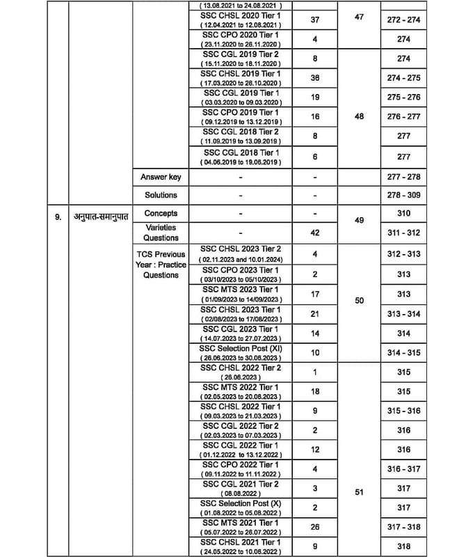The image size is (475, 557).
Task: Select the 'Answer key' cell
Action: (161, 178)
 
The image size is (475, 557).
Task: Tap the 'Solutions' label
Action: (161, 196)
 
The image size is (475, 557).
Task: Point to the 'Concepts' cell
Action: (161, 213)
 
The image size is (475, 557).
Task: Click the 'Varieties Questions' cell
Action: (161, 233)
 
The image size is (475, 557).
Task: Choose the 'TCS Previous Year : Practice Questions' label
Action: (161, 265)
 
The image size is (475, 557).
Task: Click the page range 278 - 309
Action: (404, 196)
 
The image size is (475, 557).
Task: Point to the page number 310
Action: (404, 213)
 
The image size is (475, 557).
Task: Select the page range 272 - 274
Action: (404, 21)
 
